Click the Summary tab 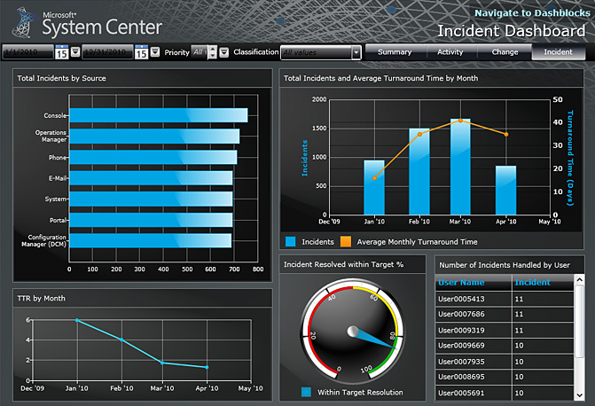pyautogui.click(x=395, y=52)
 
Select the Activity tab pyautogui.click(x=450, y=52)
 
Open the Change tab pyautogui.click(x=505, y=52)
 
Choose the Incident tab pyautogui.click(x=558, y=52)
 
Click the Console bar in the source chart pyautogui.click(x=158, y=115)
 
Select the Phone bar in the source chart pyautogui.click(x=153, y=157)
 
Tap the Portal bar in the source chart pyautogui.click(x=150, y=219)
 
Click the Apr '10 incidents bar pyautogui.click(x=505, y=190)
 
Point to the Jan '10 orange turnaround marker pyautogui.click(x=374, y=178)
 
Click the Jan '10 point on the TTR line pyautogui.click(x=77, y=320)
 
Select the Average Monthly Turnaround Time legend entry pyautogui.click(x=416, y=241)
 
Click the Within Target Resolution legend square pyautogui.click(x=306, y=392)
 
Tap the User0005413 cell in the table pyautogui.click(x=473, y=299)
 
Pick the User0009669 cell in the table pyautogui.click(x=473, y=345)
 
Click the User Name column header pyautogui.click(x=473, y=282)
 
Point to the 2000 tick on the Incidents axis pyautogui.click(x=320, y=99)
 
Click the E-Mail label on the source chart pyautogui.click(x=57, y=178)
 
